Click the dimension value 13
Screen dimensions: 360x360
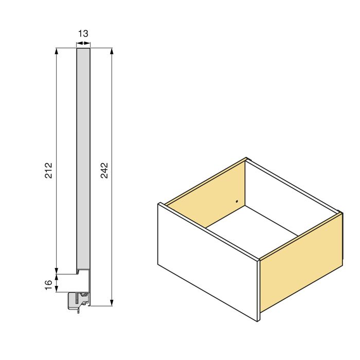pyautogui.click(x=83, y=34)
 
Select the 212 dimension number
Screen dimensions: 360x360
pyautogui.click(x=49, y=170)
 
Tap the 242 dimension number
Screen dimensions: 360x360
pyautogui.click(x=104, y=170)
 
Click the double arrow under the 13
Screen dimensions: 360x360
pyautogui.click(x=83, y=44)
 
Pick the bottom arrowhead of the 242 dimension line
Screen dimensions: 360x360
pyautogui.click(x=112, y=303)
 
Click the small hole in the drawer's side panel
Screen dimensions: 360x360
pyautogui.click(x=237, y=202)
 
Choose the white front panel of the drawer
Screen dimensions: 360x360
pyautogui.click(x=206, y=262)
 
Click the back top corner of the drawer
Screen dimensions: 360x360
pyautogui.click(x=247, y=158)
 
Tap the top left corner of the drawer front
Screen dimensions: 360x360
pyautogui.click(x=159, y=204)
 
